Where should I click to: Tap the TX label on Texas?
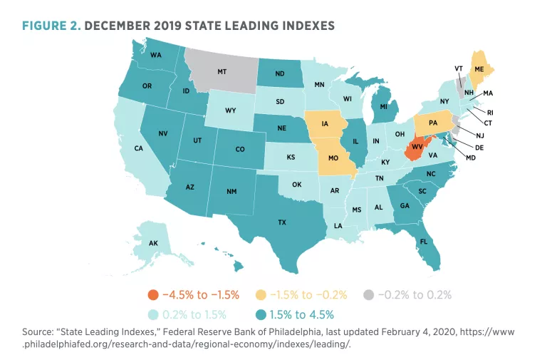click(282, 222)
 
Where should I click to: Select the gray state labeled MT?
click(222, 72)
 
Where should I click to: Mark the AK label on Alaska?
click(153, 243)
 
